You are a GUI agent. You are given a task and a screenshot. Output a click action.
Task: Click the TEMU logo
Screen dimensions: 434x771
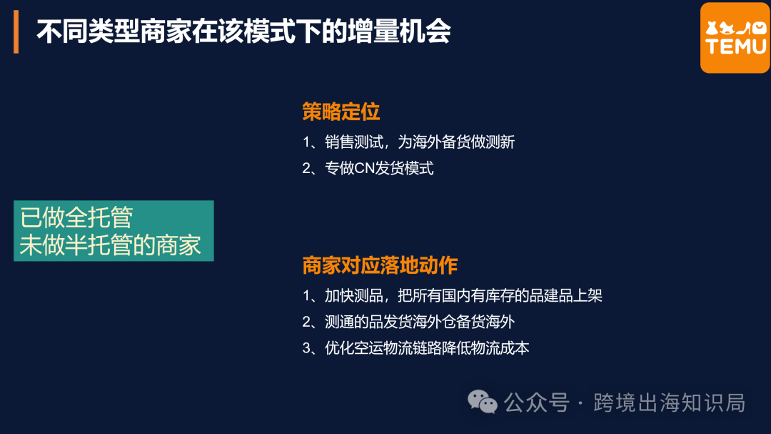click(x=735, y=38)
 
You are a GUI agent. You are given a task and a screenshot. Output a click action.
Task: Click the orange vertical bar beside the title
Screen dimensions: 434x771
click(x=16, y=33)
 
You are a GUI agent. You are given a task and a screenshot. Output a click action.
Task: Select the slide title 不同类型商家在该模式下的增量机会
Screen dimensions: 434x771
click(x=243, y=33)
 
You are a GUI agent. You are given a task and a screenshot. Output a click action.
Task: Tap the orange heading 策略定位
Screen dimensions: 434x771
click(x=341, y=112)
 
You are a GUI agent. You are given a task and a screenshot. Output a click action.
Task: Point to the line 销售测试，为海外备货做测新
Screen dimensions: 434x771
click(x=408, y=142)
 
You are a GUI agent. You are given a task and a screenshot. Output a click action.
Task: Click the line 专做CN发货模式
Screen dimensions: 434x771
click(x=368, y=169)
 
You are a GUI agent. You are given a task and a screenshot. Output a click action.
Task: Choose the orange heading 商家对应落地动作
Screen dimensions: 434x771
click(x=380, y=265)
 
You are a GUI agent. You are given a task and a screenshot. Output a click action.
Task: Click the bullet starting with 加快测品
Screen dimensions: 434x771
click(x=453, y=295)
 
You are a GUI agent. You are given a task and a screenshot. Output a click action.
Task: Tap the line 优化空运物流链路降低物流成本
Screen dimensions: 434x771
click(x=415, y=348)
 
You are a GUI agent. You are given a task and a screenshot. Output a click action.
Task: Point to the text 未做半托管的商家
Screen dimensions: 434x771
click(x=111, y=245)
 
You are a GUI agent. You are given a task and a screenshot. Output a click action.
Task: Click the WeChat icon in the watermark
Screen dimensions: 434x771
click(x=483, y=402)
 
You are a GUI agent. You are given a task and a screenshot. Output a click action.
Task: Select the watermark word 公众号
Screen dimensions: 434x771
click(x=536, y=403)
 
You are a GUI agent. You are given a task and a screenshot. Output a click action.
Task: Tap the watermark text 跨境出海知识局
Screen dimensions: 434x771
click(x=669, y=403)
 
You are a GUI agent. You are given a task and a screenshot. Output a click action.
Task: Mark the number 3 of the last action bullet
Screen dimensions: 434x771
click(x=306, y=348)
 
